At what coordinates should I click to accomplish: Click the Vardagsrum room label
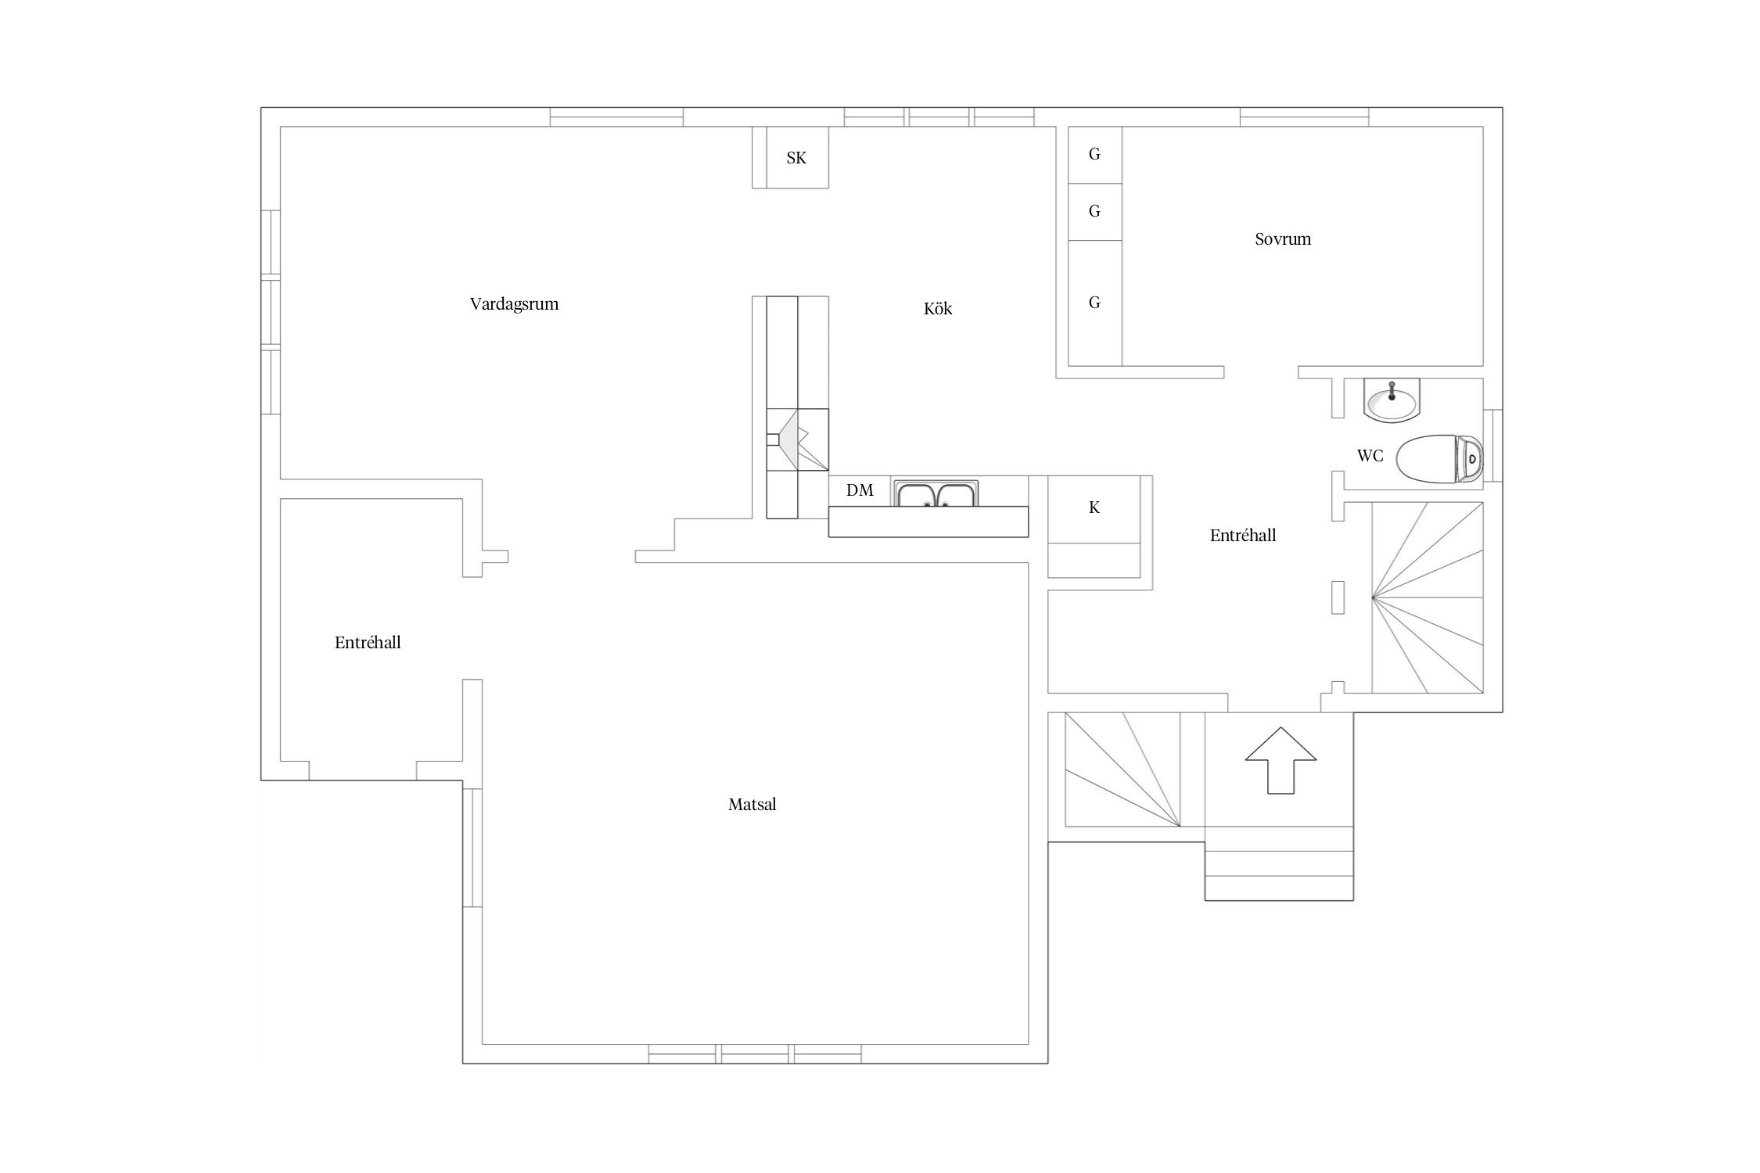pyautogui.click(x=514, y=304)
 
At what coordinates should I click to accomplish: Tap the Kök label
pyautogui.click(x=938, y=309)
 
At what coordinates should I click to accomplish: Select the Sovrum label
pyautogui.click(x=1283, y=239)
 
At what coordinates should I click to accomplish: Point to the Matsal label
pyautogui.click(x=752, y=805)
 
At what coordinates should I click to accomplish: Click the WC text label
pyautogui.click(x=1370, y=456)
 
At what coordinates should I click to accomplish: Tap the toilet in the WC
pyautogui.click(x=1439, y=459)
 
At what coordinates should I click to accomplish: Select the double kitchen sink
pyautogui.click(x=936, y=494)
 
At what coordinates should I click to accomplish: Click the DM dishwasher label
pyautogui.click(x=860, y=490)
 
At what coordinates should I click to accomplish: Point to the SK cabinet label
pyautogui.click(x=796, y=158)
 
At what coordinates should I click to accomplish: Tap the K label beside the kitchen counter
pyautogui.click(x=1094, y=508)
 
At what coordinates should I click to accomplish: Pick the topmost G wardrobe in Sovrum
pyautogui.click(x=1095, y=155)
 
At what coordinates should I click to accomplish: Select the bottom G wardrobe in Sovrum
pyautogui.click(x=1095, y=303)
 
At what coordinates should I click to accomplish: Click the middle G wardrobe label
pyautogui.click(x=1094, y=211)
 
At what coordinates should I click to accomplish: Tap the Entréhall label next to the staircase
pyautogui.click(x=1243, y=536)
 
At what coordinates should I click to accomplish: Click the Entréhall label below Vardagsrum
pyautogui.click(x=368, y=643)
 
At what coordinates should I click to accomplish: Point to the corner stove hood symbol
pyautogui.click(x=797, y=439)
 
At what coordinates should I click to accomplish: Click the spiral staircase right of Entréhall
pyautogui.click(x=1428, y=597)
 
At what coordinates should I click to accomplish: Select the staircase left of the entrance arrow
pyautogui.click(x=1123, y=769)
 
